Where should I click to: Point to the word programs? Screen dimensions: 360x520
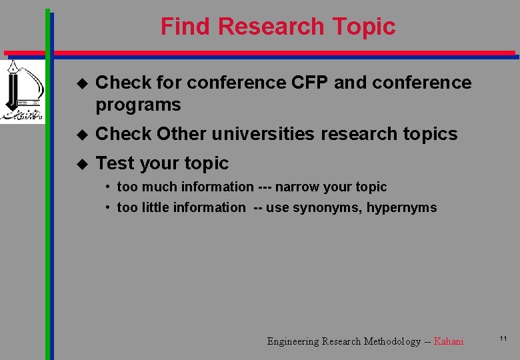[x=138, y=105]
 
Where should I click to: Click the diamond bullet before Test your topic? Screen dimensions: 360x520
[x=82, y=163]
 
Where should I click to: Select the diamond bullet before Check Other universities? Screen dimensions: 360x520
[x=82, y=134]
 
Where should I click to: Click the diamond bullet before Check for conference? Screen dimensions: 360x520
[x=82, y=83]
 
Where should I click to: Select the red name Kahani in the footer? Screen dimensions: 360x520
[x=448, y=341]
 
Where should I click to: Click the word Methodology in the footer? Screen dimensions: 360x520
[x=391, y=341]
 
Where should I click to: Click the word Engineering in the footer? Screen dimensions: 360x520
[x=293, y=341]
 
